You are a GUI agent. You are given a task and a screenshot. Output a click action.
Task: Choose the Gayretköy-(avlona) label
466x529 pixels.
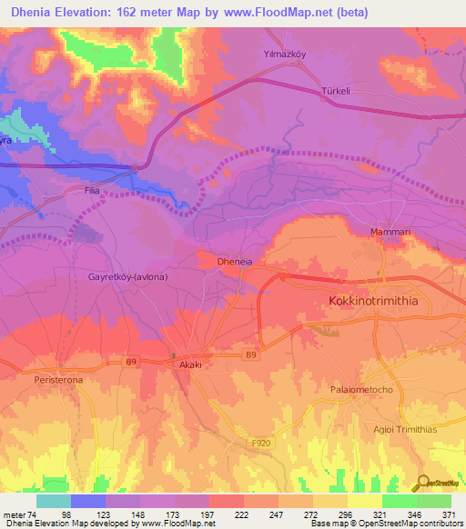pos(128,275)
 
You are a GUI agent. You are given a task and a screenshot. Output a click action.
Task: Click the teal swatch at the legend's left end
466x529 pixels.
pos(53,501)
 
